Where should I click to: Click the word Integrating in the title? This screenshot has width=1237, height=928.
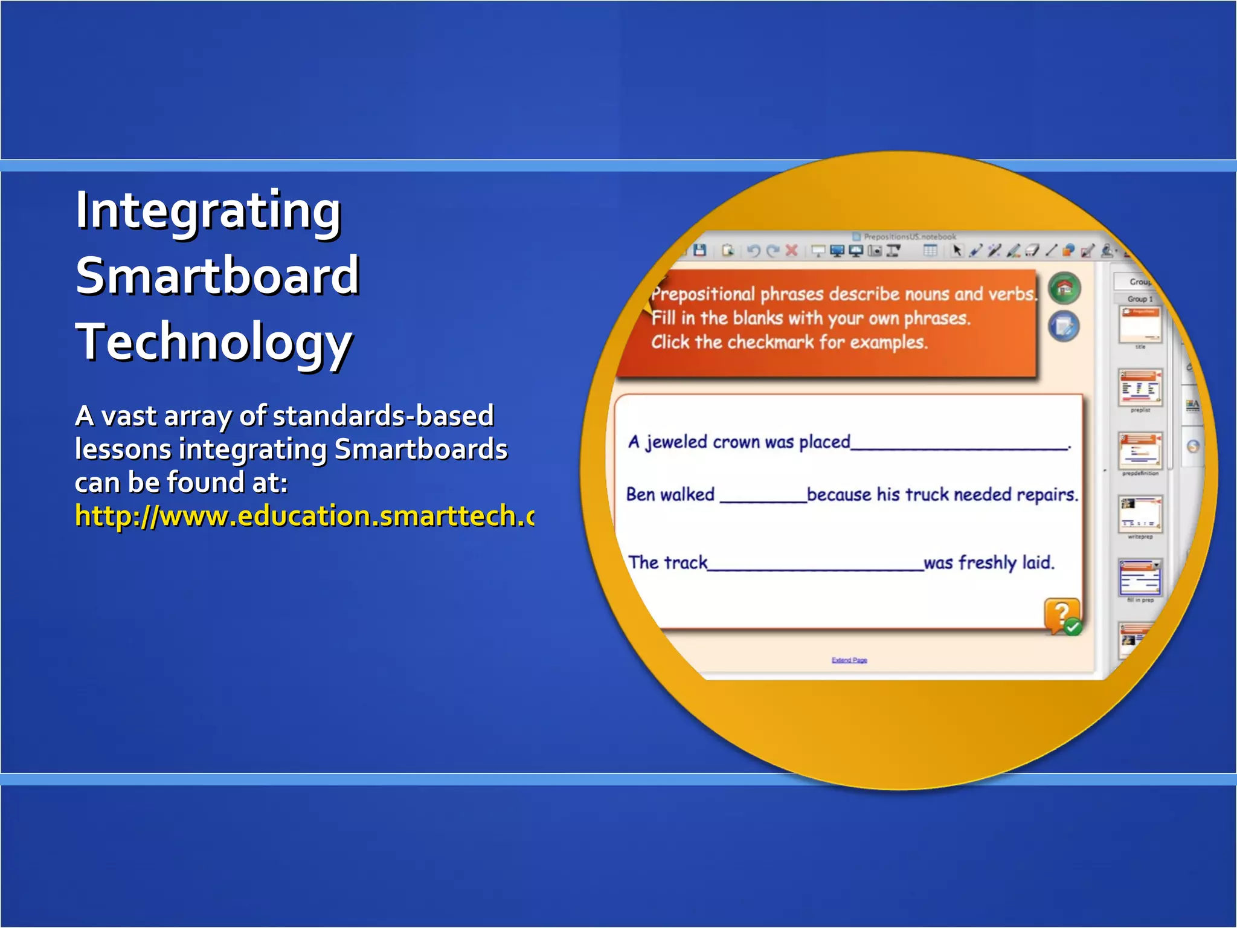pyautogui.click(x=208, y=211)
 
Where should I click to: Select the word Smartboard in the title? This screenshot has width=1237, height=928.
pyautogui.click(x=217, y=276)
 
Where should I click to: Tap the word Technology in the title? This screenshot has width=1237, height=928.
pyautogui.click(x=214, y=342)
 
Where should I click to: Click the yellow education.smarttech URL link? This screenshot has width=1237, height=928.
pyautogui.click(x=304, y=516)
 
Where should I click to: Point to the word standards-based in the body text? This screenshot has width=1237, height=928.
pyautogui.click(x=383, y=416)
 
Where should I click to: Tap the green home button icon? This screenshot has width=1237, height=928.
pyautogui.click(x=1064, y=289)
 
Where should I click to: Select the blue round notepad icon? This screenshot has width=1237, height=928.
pyautogui.click(x=1064, y=326)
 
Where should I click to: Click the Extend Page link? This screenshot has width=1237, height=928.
pyautogui.click(x=849, y=660)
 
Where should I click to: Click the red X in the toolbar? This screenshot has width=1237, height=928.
pyautogui.click(x=792, y=251)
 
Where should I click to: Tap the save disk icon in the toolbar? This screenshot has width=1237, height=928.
pyautogui.click(x=700, y=250)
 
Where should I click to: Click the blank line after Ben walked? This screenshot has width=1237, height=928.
pyautogui.click(x=763, y=499)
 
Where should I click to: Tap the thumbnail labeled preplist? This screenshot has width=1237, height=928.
pyautogui.click(x=1140, y=388)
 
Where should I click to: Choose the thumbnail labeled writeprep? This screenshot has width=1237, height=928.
pyautogui.click(x=1140, y=514)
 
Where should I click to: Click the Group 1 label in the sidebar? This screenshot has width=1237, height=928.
pyautogui.click(x=1140, y=299)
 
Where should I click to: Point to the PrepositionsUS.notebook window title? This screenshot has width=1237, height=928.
pyautogui.click(x=909, y=237)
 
